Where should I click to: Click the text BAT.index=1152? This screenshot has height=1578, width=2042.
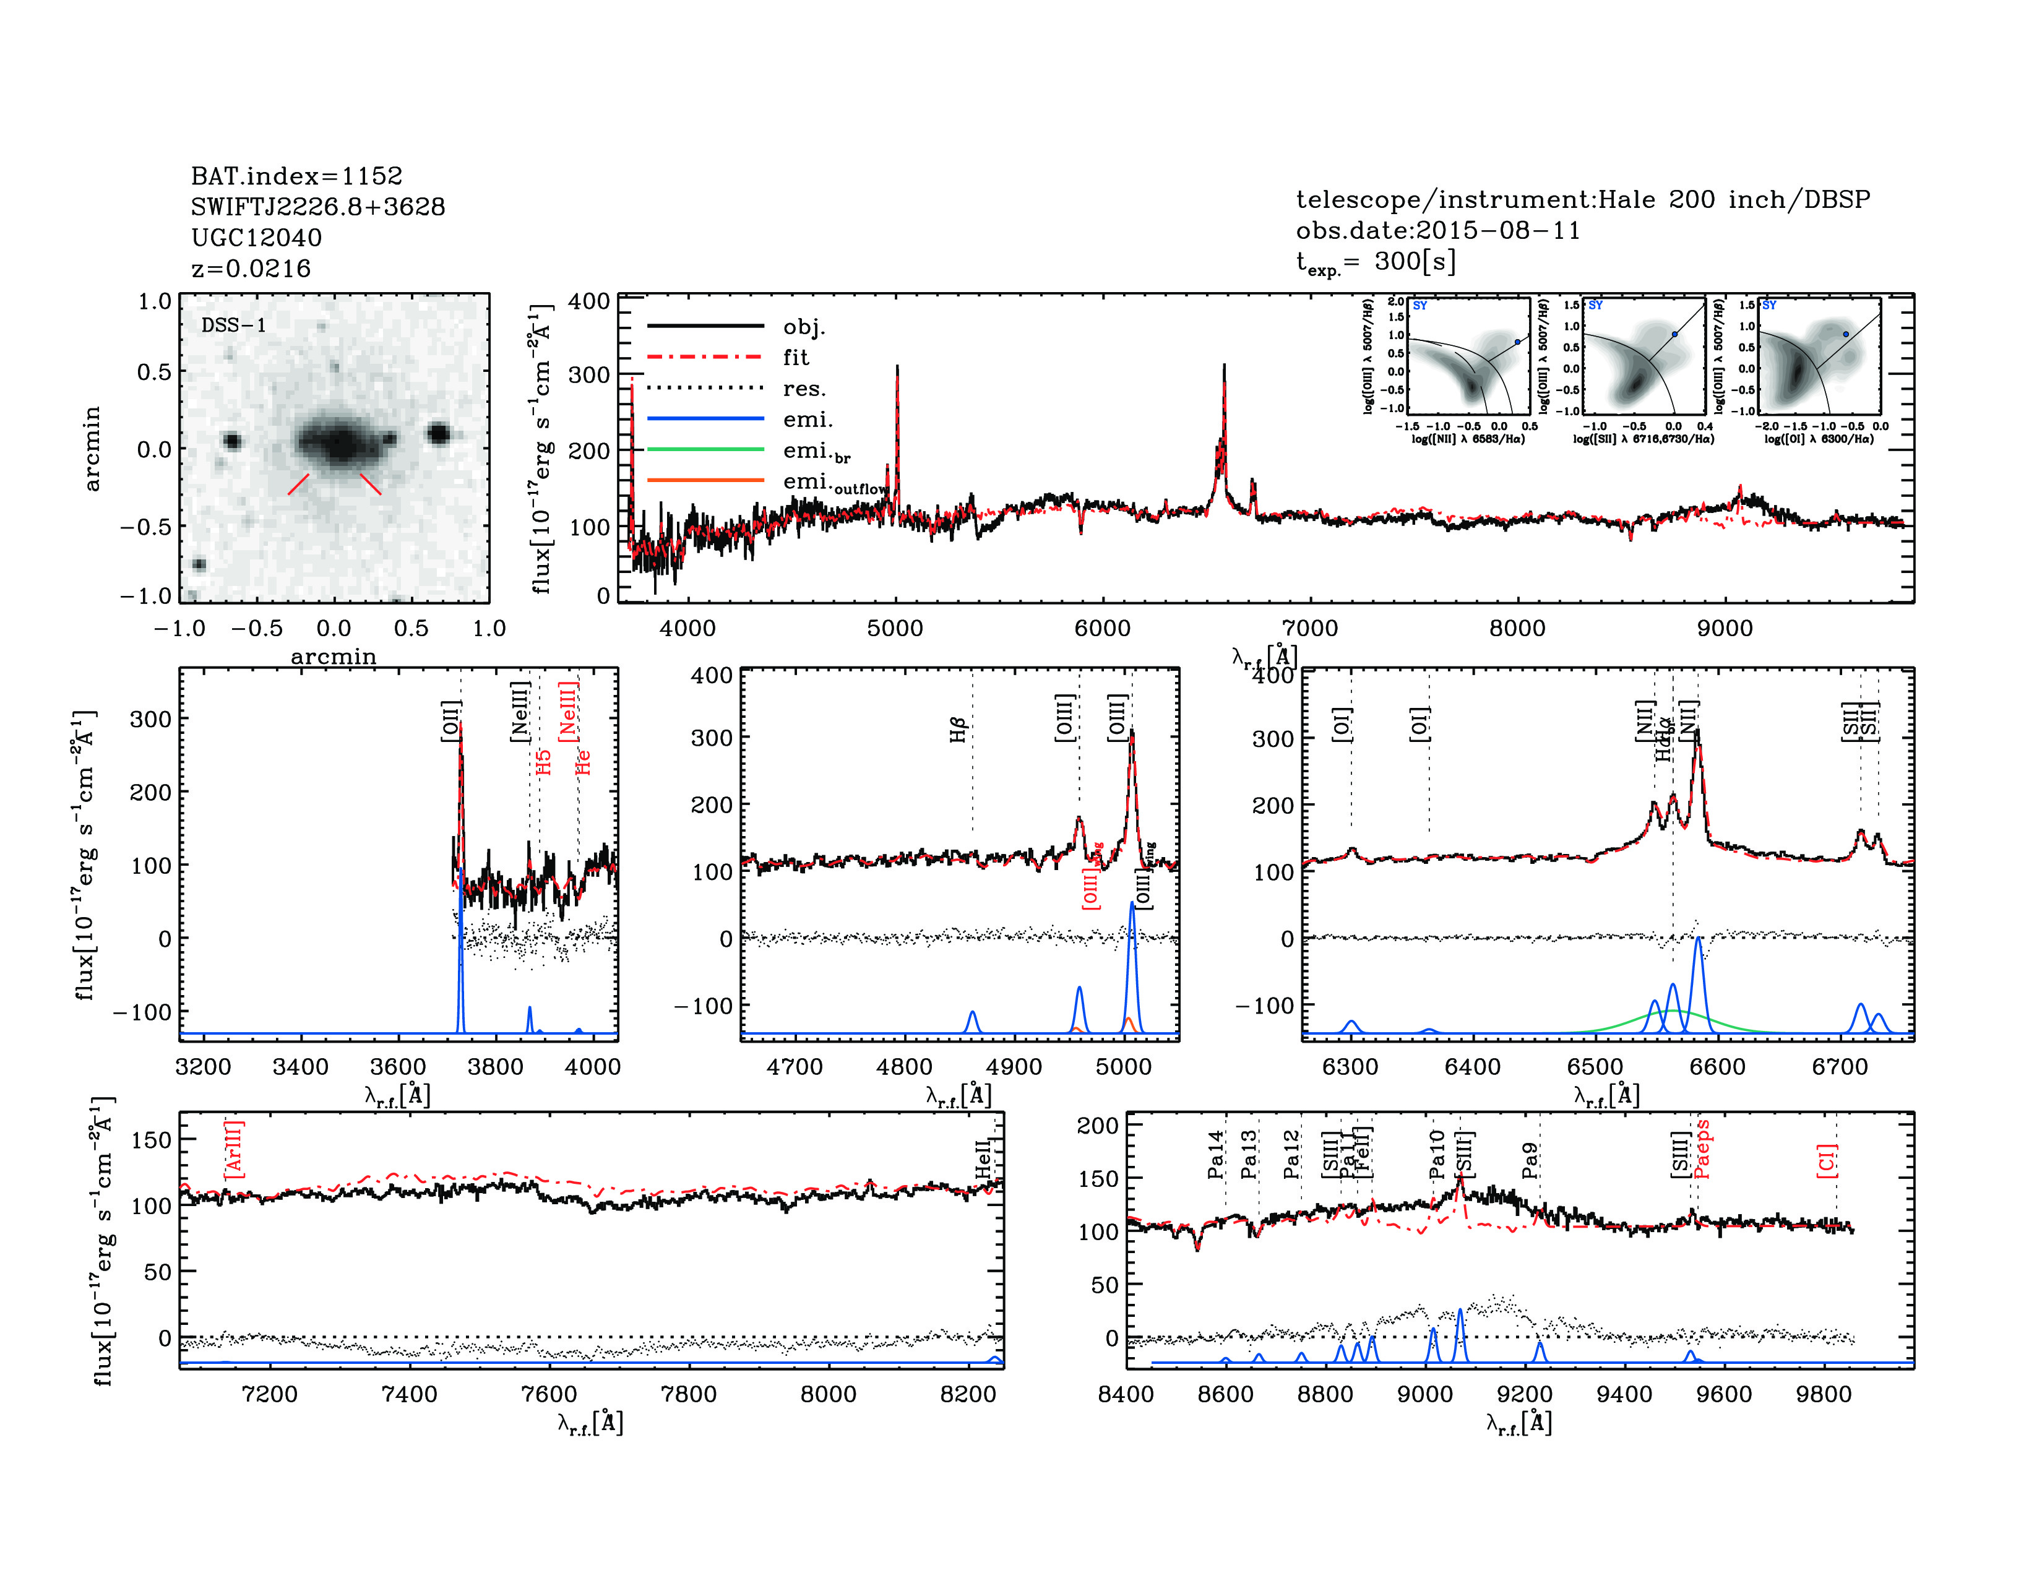click(x=296, y=176)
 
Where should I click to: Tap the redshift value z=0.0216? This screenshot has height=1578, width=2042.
click(x=251, y=269)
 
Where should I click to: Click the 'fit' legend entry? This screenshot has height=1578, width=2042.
click(x=796, y=357)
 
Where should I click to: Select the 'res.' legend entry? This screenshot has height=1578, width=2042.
click(x=804, y=389)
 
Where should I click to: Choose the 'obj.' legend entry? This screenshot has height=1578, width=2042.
click(x=804, y=326)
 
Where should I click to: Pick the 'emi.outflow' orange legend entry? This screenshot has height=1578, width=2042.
click(x=834, y=483)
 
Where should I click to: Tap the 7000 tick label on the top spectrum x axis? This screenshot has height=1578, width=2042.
click(x=1309, y=628)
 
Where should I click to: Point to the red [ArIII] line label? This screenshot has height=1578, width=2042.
click(x=234, y=1149)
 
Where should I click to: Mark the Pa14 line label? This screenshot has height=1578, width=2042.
click(x=1215, y=1155)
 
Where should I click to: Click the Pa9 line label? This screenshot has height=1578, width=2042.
click(x=1530, y=1160)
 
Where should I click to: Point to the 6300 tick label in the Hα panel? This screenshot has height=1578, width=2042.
click(x=1350, y=1067)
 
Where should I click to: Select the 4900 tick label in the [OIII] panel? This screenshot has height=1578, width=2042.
click(x=1014, y=1067)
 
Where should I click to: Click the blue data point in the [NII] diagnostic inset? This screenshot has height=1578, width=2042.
click(x=1517, y=342)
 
